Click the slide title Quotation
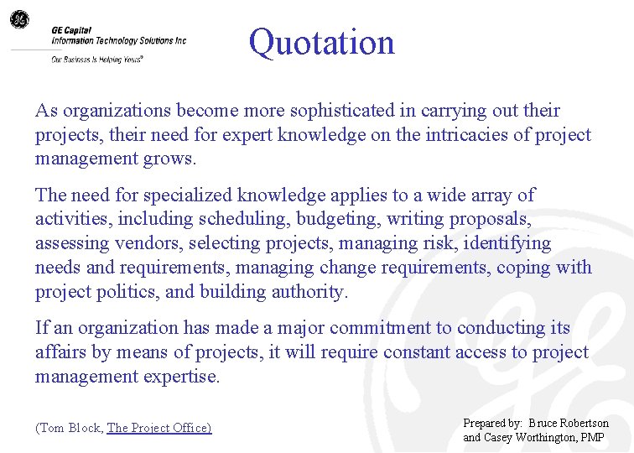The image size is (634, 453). click(x=321, y=42)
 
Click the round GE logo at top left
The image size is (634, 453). click(x=18, y=18)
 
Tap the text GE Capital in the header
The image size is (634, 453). click(x=70, y=29)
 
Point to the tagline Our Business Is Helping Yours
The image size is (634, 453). click(x=97, y=60)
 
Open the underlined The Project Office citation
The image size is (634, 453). click(x=159, y=428)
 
